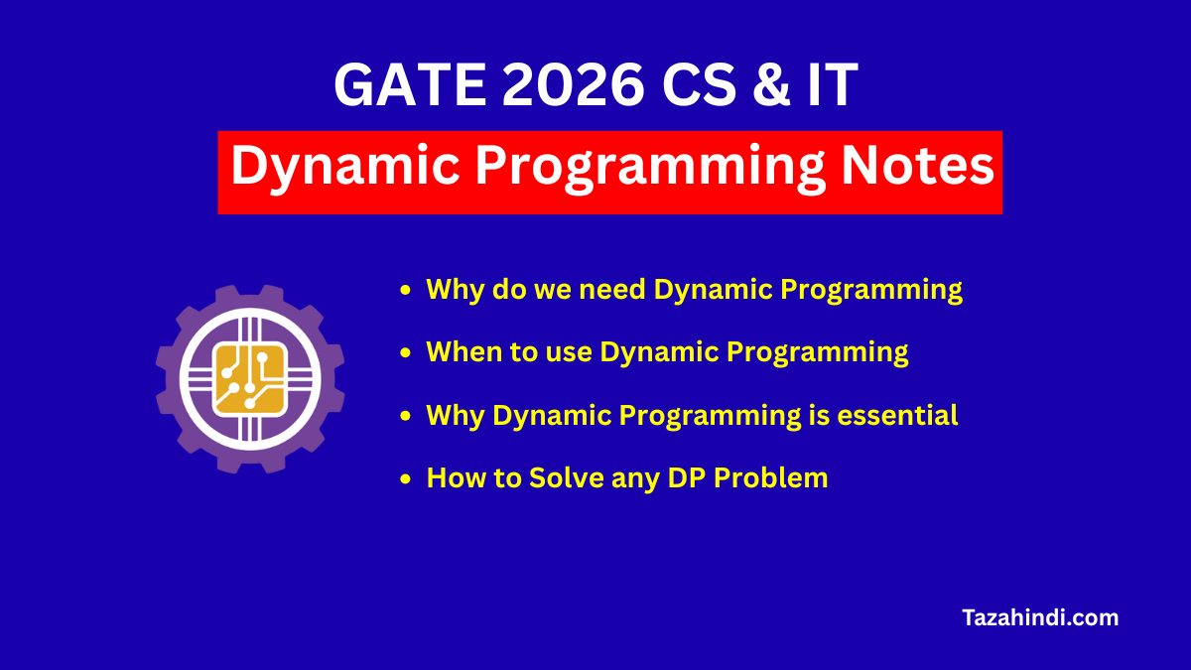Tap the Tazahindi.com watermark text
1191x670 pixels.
tap(1040, 617)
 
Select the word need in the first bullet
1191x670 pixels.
tap(613, 290)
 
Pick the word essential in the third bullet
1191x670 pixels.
tap(897, 415)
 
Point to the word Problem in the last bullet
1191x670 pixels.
tap(771, 477)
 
